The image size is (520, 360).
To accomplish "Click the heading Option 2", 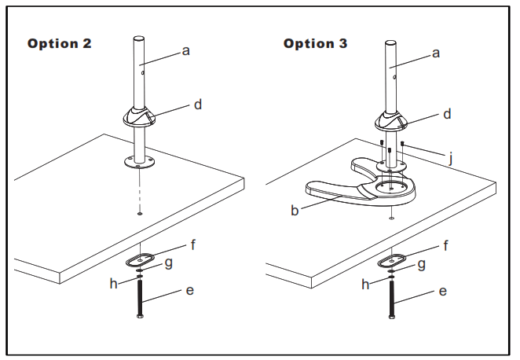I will [60, 44].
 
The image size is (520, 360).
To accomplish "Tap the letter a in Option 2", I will [186, 51].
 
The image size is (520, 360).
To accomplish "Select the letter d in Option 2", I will [197, 105].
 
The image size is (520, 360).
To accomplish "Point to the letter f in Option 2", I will [193, 244].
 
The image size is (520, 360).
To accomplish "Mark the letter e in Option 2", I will [189, 292].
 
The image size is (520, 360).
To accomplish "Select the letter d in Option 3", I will [447, 115].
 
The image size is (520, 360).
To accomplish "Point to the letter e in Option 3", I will [443, 292].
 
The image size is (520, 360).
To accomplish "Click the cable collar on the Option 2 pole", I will [140, 119].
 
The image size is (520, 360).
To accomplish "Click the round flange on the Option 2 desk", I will [139, 163].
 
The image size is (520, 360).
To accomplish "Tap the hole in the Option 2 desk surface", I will [139, 213].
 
